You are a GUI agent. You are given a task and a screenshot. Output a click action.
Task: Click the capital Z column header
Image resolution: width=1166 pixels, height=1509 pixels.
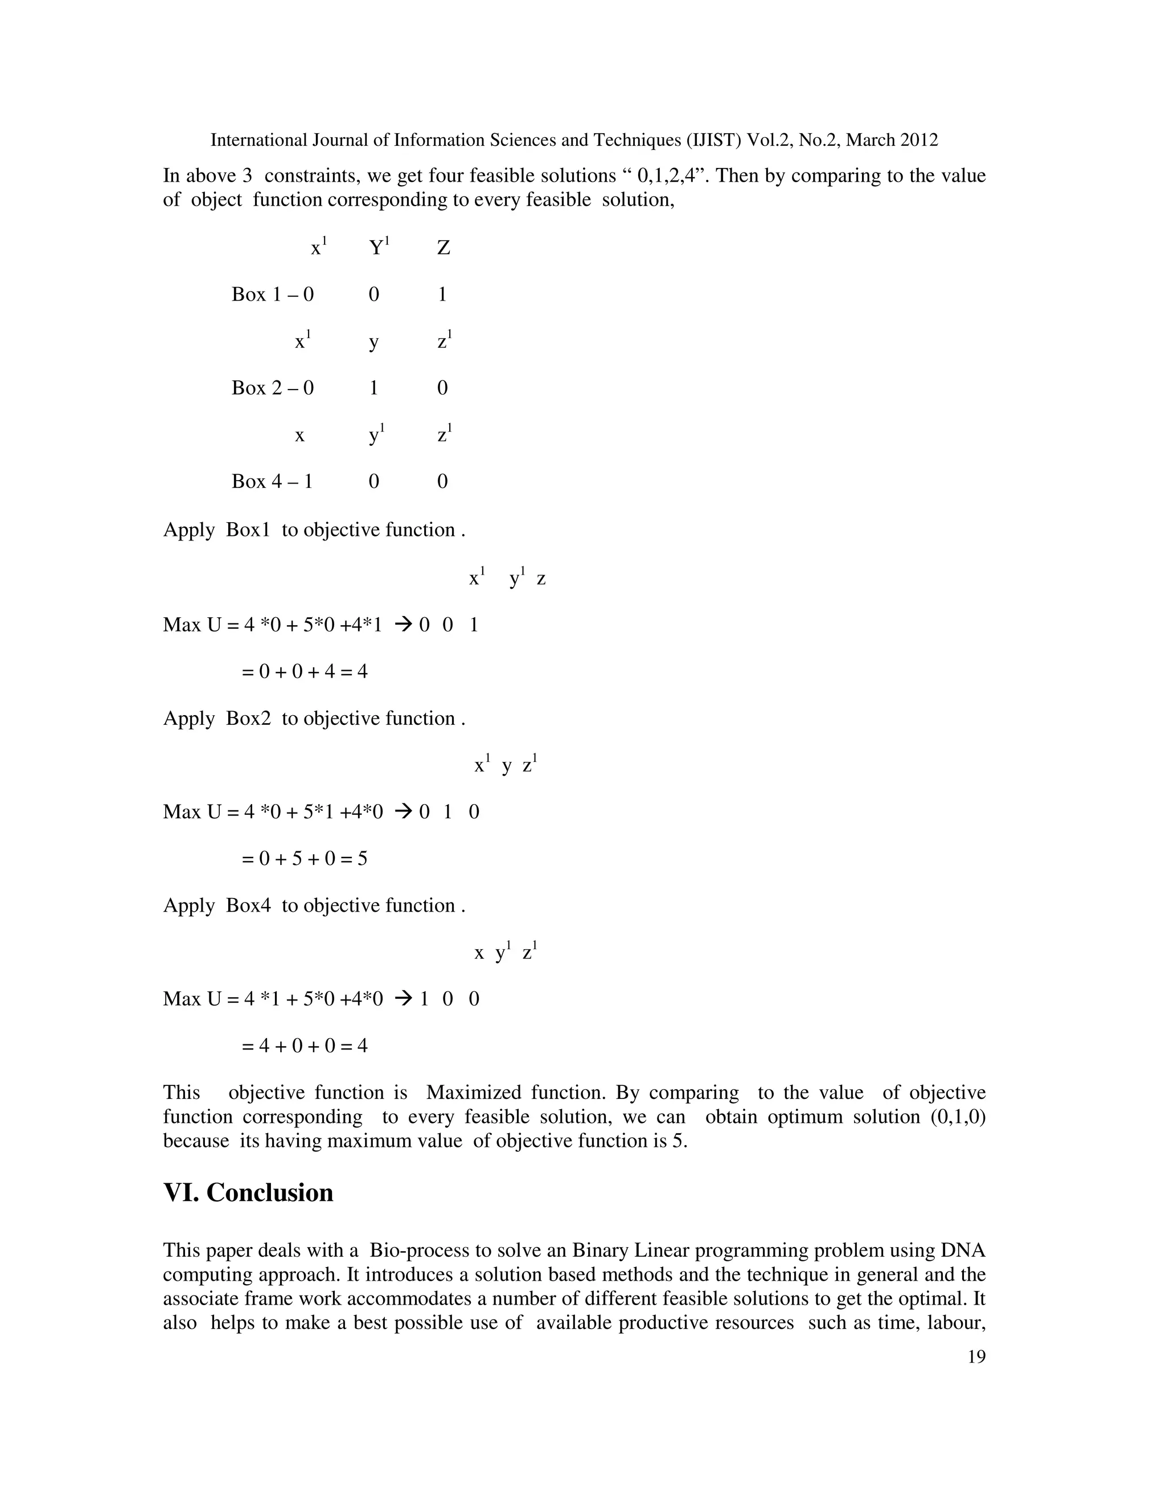444,248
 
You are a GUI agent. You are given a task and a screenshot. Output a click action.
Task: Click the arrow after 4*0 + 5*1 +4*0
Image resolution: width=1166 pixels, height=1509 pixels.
402,812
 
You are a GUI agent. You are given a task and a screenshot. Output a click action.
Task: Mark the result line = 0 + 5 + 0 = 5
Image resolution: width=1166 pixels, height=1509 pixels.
305,859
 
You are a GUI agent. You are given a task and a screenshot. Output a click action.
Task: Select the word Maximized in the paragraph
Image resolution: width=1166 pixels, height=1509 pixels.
474,1093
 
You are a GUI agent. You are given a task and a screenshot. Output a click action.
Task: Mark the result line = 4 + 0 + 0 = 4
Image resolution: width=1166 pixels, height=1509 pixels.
305,1046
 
